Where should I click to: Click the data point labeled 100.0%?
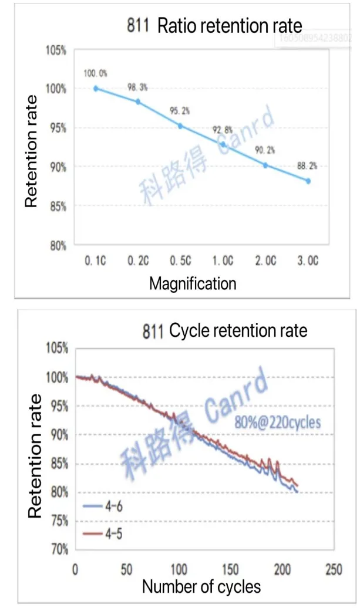coord(96,89)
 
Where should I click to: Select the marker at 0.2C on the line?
coord(138,102)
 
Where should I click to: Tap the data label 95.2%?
coord(180,110)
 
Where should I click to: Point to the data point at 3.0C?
coord(308,181)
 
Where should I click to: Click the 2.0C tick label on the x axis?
coord(265,262)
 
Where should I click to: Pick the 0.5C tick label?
coord(180,262)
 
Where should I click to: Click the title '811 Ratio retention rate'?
coord(214,26)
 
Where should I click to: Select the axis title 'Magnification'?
coord(193,284)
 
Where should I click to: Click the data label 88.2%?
coord(308,166)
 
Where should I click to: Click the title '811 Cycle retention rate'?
coord(224,331)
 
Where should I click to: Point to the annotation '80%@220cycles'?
coord(277,421)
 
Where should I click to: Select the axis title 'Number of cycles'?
coord(201,586)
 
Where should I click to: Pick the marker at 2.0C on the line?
coord(265,166)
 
